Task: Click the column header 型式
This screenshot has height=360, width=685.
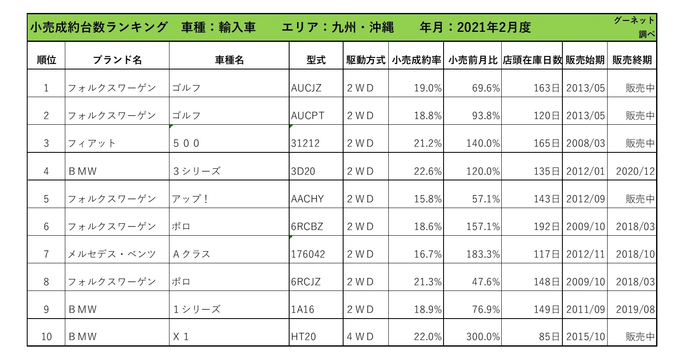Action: pos(316,60)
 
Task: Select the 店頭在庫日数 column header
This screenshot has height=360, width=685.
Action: pos(532,60)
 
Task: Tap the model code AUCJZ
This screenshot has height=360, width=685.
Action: pos(306,88)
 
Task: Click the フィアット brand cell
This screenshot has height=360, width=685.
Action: pos(92,143)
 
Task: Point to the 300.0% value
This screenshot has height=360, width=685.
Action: pos(483,337)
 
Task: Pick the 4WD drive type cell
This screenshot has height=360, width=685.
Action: pos(360,337)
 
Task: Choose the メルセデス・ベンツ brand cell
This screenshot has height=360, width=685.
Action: pos(112,254)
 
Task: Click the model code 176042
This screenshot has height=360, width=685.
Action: pos(308,254)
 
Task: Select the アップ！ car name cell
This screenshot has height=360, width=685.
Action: pos(190,199)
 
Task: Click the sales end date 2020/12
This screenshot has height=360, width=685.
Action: pos(635,171)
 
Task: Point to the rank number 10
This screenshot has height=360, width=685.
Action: pos(46,337)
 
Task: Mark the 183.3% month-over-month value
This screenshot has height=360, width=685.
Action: pos(483,254)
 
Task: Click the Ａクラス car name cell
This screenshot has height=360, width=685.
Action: pos(192,254)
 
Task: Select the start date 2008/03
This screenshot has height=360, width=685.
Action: pos(585,143)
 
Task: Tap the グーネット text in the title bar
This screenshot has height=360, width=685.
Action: pos(634,21)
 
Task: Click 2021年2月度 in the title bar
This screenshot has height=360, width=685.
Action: pos(494,28)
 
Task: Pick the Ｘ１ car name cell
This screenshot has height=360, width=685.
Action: pos(181,337)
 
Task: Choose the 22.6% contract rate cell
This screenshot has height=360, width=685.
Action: pos(428,171)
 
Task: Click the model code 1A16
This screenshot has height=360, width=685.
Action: pos(303,309)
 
